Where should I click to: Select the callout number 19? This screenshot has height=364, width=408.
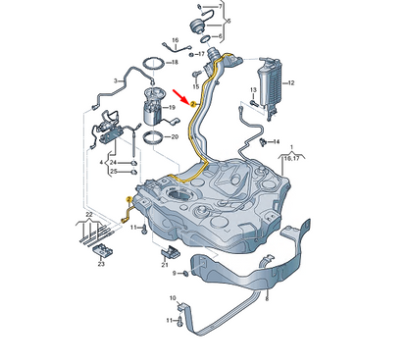[173, 106]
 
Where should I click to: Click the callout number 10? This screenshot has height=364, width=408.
[174, 296]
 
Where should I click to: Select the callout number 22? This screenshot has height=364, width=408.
[88, 214]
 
